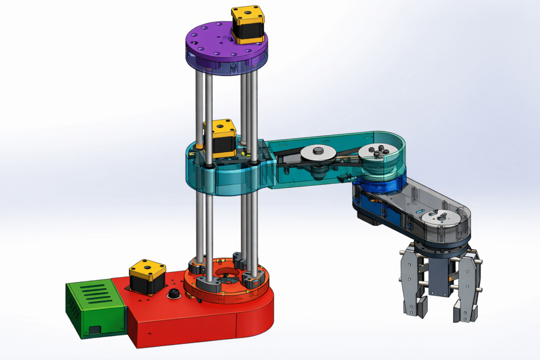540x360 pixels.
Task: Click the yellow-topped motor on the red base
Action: coord(147,276)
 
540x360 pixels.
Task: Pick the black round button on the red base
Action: coord(172,294)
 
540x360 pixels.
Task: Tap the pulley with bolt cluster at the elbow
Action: coord(378,153)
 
